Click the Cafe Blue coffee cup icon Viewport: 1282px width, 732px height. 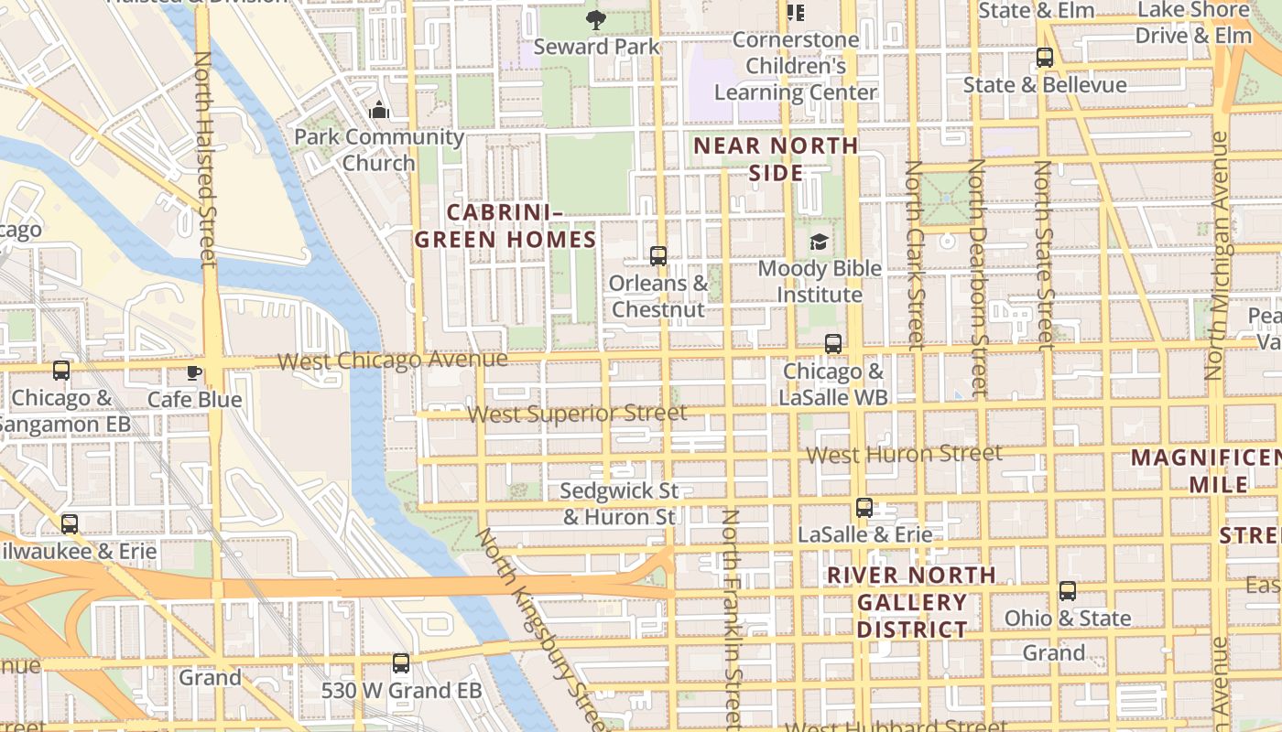193,372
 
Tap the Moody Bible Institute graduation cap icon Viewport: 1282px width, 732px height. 819,242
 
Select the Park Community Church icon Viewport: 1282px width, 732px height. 379,111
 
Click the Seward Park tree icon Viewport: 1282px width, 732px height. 596,19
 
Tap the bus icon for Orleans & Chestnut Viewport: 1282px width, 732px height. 657,256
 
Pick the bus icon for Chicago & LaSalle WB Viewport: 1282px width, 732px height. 832,344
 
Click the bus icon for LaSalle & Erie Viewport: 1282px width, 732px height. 864,508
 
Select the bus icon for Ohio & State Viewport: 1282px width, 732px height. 1067,591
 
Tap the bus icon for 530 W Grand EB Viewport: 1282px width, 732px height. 401,663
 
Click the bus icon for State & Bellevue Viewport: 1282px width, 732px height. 1044,58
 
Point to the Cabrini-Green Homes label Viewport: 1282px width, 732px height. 505,226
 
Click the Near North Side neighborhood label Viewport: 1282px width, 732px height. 776,159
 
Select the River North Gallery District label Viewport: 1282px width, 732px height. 911,602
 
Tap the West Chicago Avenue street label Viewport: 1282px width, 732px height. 392,361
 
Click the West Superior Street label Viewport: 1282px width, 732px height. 577,414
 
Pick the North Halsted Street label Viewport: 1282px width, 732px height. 204,160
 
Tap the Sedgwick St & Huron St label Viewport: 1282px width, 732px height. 619,504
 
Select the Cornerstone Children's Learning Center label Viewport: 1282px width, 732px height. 796,66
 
